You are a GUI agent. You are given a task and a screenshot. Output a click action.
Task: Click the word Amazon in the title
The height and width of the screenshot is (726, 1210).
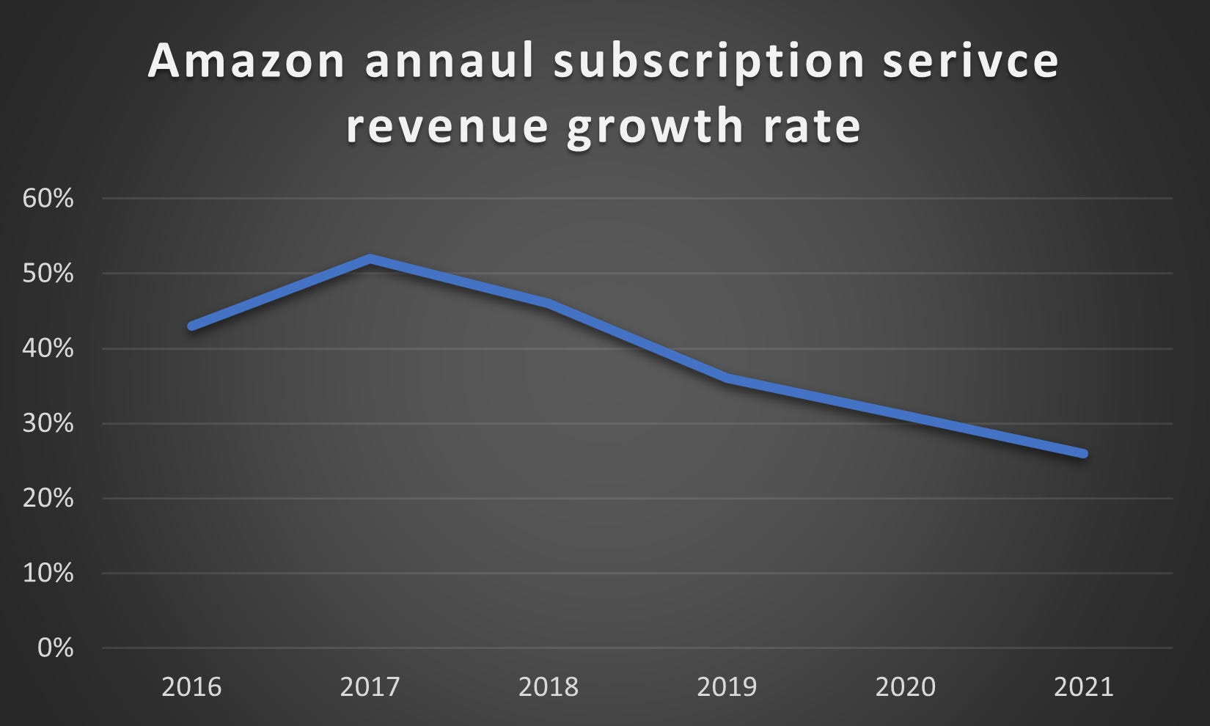point(246,62)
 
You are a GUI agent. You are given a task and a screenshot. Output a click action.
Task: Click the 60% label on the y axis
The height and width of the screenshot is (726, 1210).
point(48,199)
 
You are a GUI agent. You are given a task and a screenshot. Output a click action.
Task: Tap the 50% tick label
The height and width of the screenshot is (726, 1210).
point(48,274)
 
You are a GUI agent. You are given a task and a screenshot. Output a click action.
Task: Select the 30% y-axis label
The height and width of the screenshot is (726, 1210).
point(48,423)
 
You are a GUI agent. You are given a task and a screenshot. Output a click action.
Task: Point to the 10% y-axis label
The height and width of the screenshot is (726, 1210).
point(48,573)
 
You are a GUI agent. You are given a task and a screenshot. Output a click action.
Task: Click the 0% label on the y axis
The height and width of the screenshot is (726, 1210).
point(55,648)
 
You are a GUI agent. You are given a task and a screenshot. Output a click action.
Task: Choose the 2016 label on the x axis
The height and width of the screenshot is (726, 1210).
point(191,687)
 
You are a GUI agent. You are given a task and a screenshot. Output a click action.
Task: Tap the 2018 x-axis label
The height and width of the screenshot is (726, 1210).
point(549,687)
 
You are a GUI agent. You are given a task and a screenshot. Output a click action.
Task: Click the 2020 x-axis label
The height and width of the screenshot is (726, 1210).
point(906,687)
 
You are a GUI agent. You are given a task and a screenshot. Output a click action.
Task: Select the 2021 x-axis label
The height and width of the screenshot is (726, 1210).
point(1084,687)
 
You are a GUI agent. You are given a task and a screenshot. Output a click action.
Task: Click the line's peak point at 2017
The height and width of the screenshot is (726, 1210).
point(370,259)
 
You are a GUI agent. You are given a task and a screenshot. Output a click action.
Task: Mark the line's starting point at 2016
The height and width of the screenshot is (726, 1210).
point(192,326)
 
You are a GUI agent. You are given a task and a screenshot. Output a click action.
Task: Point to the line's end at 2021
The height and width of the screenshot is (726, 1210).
point(1083,453)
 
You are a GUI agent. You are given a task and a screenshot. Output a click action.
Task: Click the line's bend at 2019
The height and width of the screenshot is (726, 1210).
point(727,378)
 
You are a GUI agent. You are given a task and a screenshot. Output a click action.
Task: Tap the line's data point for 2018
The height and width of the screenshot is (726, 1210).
point(549,304)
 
